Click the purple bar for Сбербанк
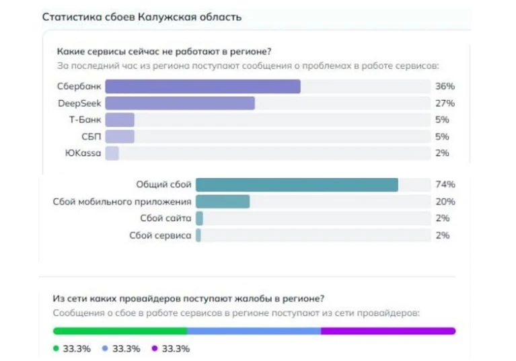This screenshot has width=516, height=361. [x=202, y=87]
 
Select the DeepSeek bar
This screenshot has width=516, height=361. [x=180, y=104]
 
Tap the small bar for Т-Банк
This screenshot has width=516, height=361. [x=120, y=120]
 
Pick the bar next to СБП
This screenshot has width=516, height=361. [x=120, y=136]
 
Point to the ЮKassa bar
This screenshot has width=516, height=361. [x=112, y=153]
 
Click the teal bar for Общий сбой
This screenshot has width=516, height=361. [x=297, y=185]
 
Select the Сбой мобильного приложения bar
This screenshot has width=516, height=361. [x=223, y=202]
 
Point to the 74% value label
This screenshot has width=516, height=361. [x=445, y=185]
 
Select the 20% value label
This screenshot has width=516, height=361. [x=445, y=202]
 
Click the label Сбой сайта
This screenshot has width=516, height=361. [x=165, y=218]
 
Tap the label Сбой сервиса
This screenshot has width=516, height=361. [x=160, y=235]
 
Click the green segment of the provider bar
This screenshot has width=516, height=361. [x=120, y=331]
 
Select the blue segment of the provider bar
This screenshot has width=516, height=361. [x=254, y=331]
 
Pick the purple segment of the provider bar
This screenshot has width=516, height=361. [x=388, y=331]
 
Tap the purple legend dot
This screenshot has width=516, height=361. [x=154, y=349]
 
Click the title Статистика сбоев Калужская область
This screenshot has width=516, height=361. [x=141, y=17]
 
